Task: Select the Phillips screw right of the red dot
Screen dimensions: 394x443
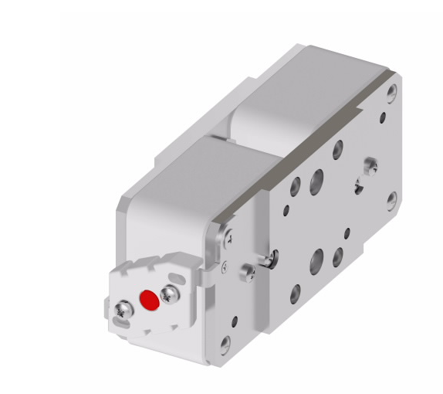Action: pyautogui.click(x=168, y=291)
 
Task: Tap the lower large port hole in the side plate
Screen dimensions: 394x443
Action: pyautogui.click(x=317, y=262)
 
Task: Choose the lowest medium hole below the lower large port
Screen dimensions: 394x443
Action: pyautogui.click(x=295, y=294)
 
